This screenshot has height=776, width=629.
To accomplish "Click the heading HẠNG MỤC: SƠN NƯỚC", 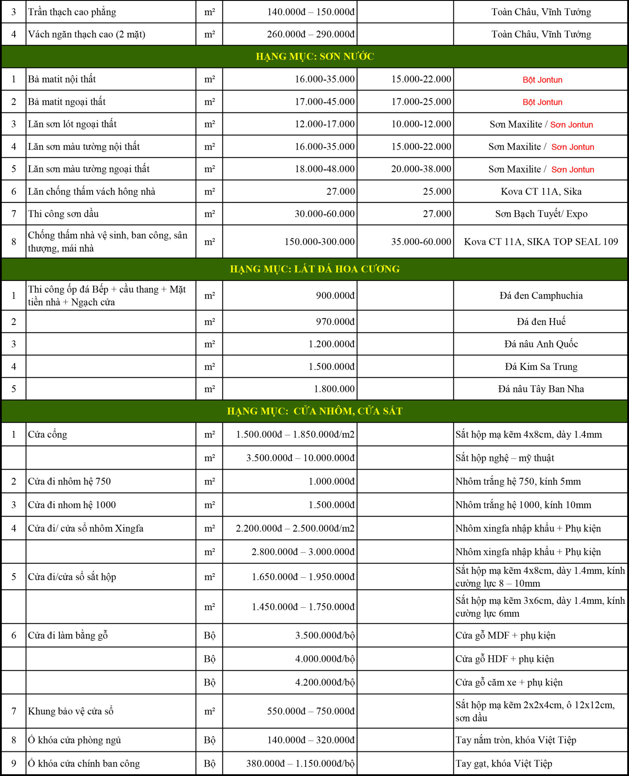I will click(x=314, y=57).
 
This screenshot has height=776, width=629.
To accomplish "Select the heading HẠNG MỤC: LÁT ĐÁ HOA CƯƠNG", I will click(x=314, y=269).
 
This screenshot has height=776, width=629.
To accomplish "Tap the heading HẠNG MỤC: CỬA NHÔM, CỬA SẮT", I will click(x=314, y=411).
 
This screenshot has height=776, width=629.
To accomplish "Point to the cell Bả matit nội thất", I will click(x=62, y=79).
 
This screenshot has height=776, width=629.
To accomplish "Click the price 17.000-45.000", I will click(x=324, y=102).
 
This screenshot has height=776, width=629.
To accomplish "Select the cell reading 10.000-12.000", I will click(x=421, y=124).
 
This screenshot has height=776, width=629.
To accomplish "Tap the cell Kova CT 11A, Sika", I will click(x=541, y=191).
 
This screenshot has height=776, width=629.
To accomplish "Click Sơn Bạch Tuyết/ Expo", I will click(x=541, y=214).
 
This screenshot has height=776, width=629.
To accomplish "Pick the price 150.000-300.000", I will click(x=319, y=242).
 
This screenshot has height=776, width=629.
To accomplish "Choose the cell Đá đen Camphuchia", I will click(x=541, y=295).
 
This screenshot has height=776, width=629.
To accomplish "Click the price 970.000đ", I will click(x=335, y=322).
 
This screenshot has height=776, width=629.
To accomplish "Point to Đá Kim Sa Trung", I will click(x=541, y=366).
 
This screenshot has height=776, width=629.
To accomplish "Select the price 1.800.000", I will click(x=334, y=389).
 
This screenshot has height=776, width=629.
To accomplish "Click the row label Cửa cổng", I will click(x=48, y=434).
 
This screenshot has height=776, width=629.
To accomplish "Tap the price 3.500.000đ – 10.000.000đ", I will click(x=300, y=458).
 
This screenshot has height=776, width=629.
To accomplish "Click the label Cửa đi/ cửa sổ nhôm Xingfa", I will click(x=85, y=528).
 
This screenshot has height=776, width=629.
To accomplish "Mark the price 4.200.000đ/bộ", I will click(x=324, y=682).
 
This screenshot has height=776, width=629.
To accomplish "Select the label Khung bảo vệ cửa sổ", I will click(x=71, y=711).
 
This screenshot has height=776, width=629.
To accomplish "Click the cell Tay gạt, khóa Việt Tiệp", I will click(x=504, y=763).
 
